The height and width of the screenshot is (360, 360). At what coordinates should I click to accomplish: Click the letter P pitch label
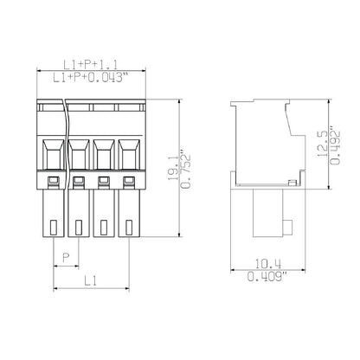66,256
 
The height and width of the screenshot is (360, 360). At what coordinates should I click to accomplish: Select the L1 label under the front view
91,280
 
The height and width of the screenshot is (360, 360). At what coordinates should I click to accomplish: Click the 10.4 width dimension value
267,265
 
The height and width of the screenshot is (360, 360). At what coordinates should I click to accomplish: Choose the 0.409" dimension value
267,277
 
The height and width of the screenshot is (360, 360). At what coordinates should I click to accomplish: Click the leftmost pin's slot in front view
54,227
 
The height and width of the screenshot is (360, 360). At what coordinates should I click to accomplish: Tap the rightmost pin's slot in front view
131,227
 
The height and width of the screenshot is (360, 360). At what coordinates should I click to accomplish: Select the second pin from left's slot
80,227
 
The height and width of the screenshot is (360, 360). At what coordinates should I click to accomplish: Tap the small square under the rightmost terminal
131,181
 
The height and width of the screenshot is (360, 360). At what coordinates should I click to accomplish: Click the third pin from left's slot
105,227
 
